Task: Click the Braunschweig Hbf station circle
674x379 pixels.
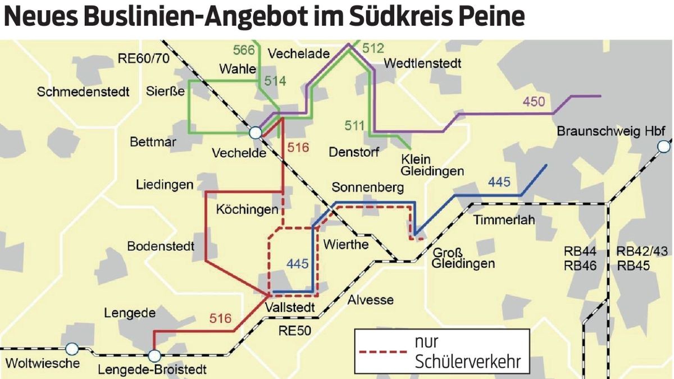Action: point(664,147)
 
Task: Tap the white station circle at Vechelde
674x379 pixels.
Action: point(256,133)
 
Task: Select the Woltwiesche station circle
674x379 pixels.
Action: point(72,348)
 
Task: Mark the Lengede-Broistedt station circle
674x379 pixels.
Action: point(154,355)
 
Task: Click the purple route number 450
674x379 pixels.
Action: point(534,102)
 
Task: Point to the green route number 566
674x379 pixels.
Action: point(244,50)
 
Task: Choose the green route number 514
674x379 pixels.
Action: point(275,81)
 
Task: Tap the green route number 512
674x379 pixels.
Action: point(373,48)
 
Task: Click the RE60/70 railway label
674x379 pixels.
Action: point(140,58)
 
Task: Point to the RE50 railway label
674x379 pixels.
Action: point(294,331)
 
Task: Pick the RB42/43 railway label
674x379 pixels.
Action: point(641,251)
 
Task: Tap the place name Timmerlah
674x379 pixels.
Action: point(504,220)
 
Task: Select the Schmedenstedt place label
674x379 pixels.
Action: point(83,92)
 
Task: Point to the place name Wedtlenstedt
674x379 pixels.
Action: point(422,63)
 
